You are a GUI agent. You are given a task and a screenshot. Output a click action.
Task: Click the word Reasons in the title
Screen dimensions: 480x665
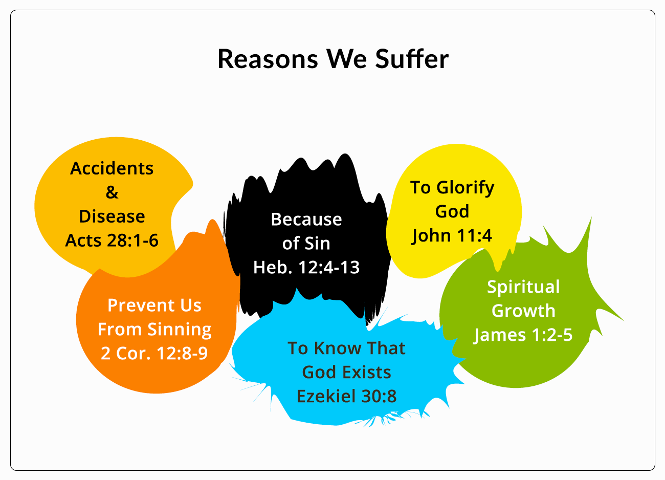(268, 59)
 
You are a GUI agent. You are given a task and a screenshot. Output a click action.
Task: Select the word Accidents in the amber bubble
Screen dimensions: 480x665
(112, 168)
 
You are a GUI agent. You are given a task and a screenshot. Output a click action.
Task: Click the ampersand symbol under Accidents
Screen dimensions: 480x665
(112, 192)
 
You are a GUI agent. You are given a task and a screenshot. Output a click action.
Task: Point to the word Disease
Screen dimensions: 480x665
(112, 216)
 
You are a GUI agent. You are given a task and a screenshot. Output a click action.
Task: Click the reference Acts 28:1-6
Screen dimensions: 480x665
(112, 240)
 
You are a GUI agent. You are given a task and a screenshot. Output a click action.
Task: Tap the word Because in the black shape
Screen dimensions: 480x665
(306, 220)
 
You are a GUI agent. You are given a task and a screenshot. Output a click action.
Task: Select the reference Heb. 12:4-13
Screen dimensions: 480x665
(306, 267)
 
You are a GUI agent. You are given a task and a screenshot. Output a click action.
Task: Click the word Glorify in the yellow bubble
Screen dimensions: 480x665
(465, 188)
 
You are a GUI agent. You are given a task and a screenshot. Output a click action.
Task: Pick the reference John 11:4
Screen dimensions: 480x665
(452, 235)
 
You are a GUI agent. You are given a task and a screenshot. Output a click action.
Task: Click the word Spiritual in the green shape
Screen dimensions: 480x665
(523, 287)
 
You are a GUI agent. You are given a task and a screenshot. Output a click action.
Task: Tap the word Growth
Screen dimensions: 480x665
(523, 311)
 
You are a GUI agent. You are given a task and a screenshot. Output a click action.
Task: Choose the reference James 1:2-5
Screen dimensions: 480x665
(523, 335)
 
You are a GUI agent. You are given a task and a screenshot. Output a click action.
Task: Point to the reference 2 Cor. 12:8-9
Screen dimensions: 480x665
(154, 353)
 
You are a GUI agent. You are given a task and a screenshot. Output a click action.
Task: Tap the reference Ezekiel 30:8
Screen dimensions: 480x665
(346, 396)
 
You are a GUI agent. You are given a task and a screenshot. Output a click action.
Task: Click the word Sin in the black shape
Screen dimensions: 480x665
(318, 244)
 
